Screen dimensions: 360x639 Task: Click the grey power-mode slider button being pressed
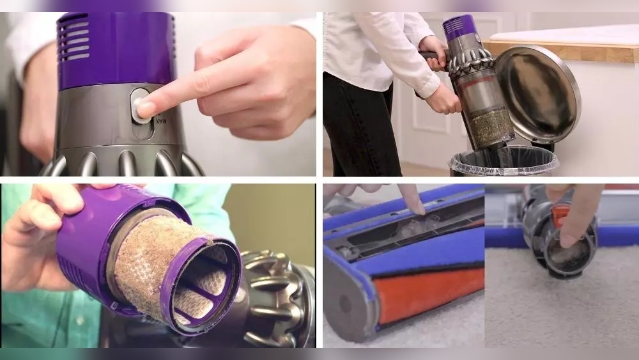click(x=140, y=106)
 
